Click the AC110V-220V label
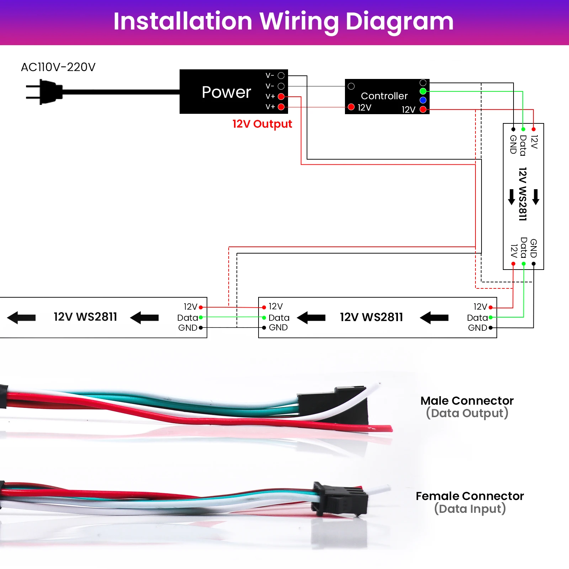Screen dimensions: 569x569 point(58,67)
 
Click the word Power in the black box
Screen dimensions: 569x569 point(226,92)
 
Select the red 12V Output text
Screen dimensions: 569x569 point(262,124)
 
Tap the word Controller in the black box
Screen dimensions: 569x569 point(384,96)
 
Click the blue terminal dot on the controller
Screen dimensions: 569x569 point(423,100)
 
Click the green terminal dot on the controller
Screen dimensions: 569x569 point(423,91)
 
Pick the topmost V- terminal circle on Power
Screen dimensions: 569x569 point(281,75)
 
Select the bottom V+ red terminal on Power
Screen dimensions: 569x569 point(281,107)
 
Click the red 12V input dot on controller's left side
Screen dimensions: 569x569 point(351,107)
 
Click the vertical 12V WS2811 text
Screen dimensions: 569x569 point(522,194)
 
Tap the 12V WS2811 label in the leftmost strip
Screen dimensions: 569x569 point(85,317)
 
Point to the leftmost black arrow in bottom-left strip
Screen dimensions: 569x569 point(21,318)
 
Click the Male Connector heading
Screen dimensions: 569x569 point(467,401)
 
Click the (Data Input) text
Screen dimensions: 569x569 point(470,509)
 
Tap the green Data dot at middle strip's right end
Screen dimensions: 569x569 point(491,317)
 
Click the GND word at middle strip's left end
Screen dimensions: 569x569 point(278,328)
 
